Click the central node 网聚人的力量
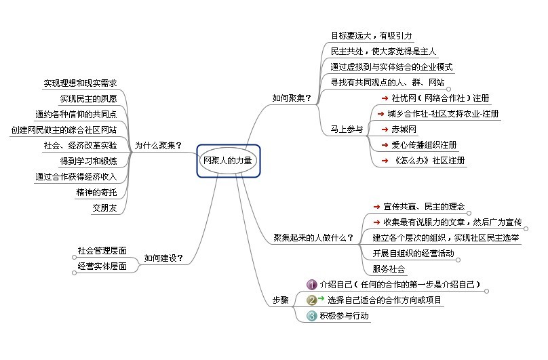228,161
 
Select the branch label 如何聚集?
292,98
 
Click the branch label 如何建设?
163,258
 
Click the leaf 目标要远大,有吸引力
371,35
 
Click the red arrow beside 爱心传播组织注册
385,145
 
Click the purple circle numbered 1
312,284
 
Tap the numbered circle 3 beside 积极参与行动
312,315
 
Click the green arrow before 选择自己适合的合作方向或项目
321,298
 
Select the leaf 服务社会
389,268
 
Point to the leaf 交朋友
104,208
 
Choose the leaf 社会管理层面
102,251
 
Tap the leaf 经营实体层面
102,266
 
